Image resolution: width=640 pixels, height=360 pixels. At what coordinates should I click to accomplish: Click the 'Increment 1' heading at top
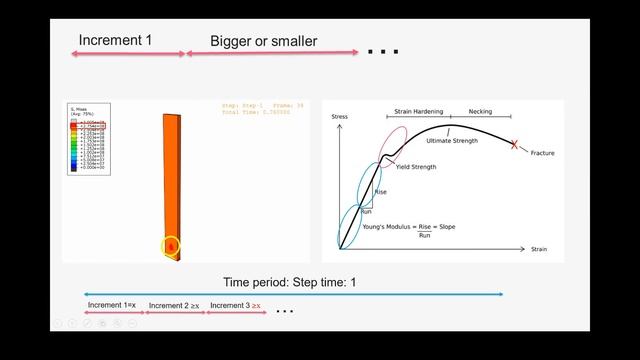[x=115, y=41]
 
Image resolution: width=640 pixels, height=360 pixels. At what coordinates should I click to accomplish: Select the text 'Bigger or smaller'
[x=263, y=42]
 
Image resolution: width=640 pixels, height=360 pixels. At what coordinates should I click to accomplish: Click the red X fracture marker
[x=515, y=146]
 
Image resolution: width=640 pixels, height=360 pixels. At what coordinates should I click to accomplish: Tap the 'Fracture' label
[x=543, y=153]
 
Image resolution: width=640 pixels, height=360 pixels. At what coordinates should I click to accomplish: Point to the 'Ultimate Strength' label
[x=452, y=141]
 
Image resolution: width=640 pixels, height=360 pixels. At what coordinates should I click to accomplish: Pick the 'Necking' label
[x=480, y=112]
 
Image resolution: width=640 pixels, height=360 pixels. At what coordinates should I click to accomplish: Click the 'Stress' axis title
[x=340, y=117]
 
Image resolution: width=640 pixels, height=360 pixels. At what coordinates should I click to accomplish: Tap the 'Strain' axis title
[x=539, y=248]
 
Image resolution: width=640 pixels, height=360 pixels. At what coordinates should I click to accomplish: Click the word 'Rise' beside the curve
[x=380, y=191]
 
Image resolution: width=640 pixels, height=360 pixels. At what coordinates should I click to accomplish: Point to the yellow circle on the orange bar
[x=171, y=245]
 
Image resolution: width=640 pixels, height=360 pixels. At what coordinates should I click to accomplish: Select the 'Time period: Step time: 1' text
[x=289, y=283]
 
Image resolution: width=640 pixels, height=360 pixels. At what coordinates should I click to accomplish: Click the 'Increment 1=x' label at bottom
[x=113, y=305]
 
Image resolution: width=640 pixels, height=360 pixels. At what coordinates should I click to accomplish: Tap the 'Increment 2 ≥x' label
[x=174, y=305]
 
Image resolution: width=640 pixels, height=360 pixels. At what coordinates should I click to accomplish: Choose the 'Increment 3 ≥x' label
[x=236, y=305]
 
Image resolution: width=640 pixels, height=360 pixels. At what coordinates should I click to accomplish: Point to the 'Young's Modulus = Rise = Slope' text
[x=408, y=227]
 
